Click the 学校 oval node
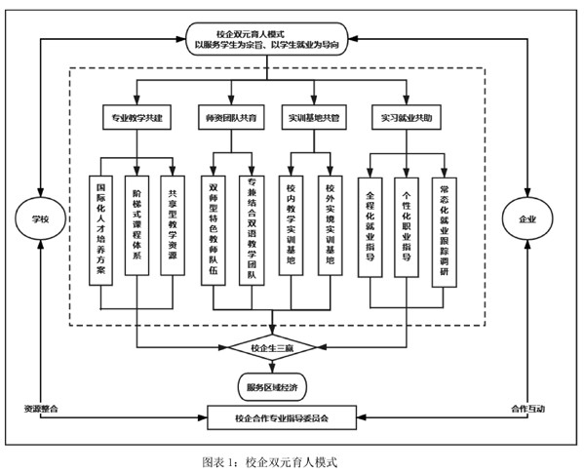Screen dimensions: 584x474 pos(40,218)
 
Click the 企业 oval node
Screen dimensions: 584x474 pos(527,218)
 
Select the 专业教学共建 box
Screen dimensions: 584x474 pos(136,118)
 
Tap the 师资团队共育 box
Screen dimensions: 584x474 pos(231,118)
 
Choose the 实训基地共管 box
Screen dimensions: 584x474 pos(314,118)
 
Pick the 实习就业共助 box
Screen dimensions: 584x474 pos(407,118)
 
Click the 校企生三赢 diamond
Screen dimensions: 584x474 pos(272,347)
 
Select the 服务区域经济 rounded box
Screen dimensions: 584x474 pos(272,387)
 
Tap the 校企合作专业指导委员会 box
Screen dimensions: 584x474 pos(282,417)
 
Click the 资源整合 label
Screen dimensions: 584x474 pos(41,409)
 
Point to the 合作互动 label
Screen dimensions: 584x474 pos(527,409)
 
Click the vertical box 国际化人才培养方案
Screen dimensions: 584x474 pos(101,231)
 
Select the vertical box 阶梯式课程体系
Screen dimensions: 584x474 pos(136,225)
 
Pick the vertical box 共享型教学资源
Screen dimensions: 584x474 pos(173,225)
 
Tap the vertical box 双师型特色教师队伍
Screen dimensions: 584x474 pos(214,231)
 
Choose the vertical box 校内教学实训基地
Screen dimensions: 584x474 pos(291,225)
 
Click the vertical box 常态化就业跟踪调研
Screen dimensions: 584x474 pos(445,232)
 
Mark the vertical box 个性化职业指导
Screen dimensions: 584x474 pos(407,227)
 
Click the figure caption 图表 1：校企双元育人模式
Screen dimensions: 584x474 pos(270,462)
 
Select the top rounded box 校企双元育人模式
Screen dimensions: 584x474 pos(267,39)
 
